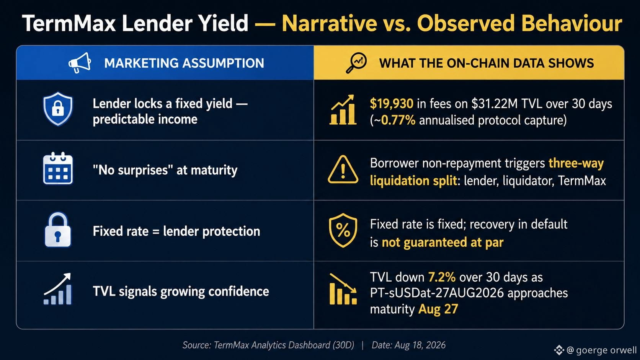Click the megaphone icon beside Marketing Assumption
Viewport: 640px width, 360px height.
point(80,63)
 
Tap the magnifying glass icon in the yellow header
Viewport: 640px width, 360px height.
point(356,63)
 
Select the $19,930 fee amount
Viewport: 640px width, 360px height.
point(392,103)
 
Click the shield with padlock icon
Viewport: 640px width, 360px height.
point(58,109)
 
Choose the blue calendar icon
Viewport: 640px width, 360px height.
point(58,168)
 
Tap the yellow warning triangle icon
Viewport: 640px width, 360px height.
point(343,169)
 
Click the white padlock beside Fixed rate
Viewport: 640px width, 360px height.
point(58,230)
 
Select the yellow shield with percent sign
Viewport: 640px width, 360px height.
point(343,230)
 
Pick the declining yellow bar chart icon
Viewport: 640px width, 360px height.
point(343,289)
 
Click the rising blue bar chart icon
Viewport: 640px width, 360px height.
point(57,289)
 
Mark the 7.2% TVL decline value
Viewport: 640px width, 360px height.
point(442,277)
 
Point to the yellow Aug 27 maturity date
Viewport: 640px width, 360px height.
point(438,309)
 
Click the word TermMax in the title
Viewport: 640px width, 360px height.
point(69,23)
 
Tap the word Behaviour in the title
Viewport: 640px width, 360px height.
point(571,23)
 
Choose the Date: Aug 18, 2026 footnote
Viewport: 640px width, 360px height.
point(408,345)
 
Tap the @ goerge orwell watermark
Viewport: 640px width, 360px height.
point(596,350)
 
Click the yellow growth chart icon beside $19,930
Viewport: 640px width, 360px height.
point(343,110)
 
